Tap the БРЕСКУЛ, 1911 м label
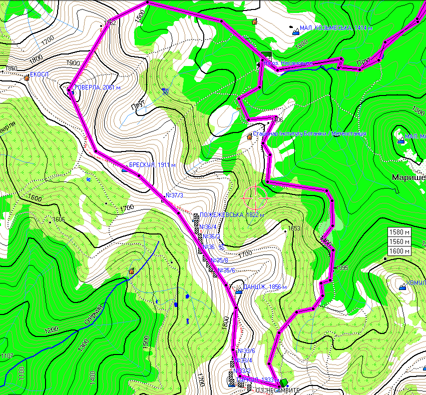click(x=152, y=165)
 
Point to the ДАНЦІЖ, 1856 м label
click(x=264, y=287)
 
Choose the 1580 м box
click(x=400, y=232)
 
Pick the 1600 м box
click(x=400, y=251)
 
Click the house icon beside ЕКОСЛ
click(x=27, y=77)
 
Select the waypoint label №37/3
click(x=174, y=194)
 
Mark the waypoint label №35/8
click(x=219, y=260)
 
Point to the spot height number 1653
click(x=294, y=228)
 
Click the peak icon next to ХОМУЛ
click(x=403, y=287)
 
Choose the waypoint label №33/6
click(x=246, y=350)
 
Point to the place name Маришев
click(x=408, y=177)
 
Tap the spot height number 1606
click(x=59, y=219)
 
